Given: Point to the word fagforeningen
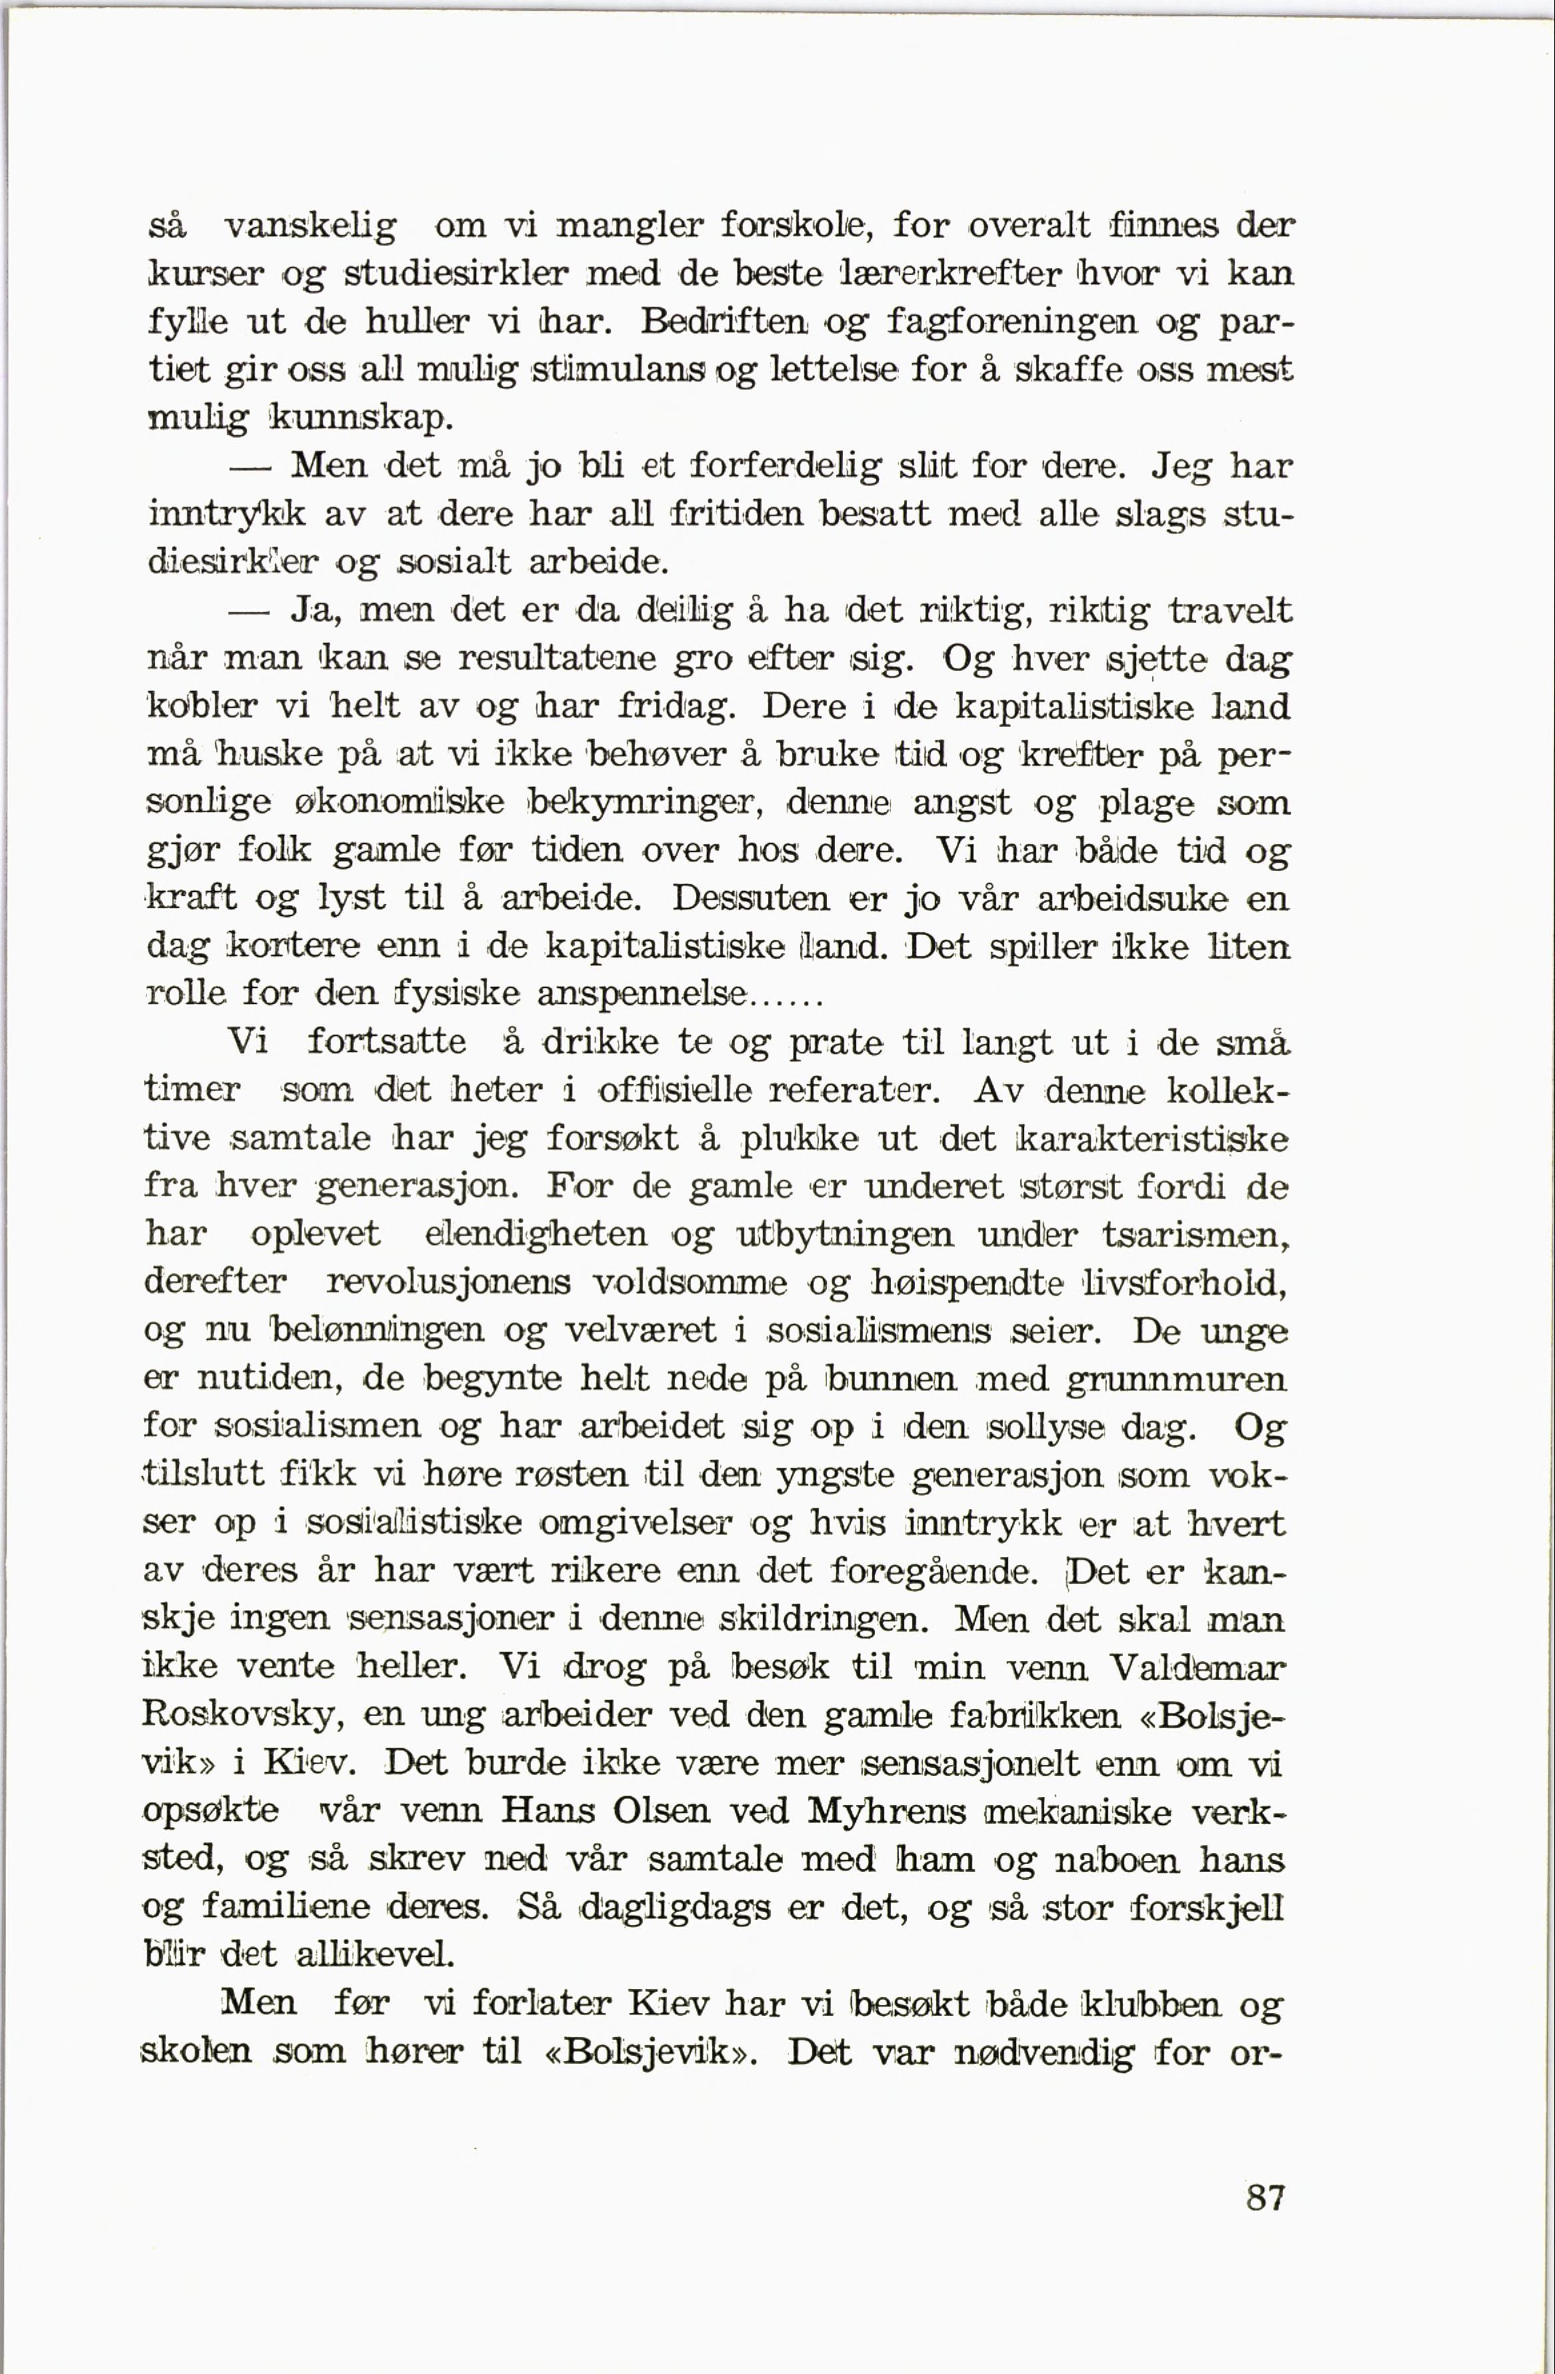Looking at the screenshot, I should point(1010,322).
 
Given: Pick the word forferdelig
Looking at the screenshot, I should point(788,466).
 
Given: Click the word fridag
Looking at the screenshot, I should point(675,707).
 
